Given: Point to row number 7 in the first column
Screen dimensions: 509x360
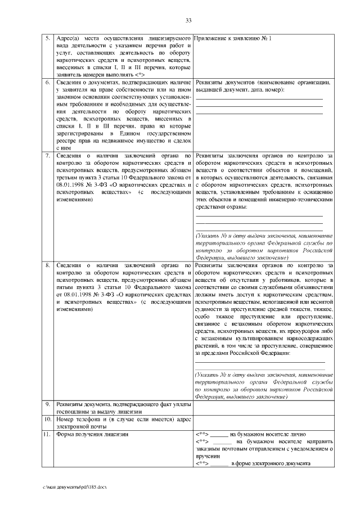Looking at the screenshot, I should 48,155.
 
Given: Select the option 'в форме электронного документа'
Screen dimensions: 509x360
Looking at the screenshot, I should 271,480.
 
